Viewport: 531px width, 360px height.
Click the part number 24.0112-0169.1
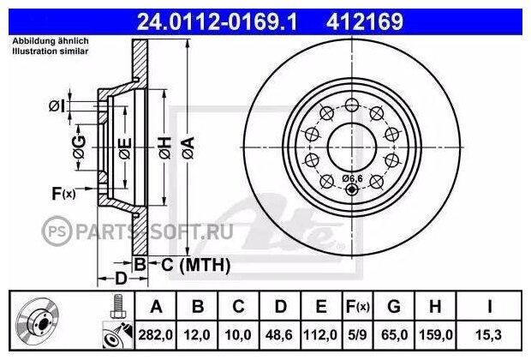217,21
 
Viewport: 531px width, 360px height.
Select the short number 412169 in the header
365,21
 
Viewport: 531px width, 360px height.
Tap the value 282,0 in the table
155,335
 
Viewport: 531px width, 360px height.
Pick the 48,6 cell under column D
279,335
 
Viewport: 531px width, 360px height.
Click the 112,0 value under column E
320,335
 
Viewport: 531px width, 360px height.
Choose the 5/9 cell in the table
357,335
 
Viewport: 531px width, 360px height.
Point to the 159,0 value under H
436,335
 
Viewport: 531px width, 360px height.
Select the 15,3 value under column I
489,335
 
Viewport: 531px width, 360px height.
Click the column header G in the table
394,307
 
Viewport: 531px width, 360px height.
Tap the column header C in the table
238,307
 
